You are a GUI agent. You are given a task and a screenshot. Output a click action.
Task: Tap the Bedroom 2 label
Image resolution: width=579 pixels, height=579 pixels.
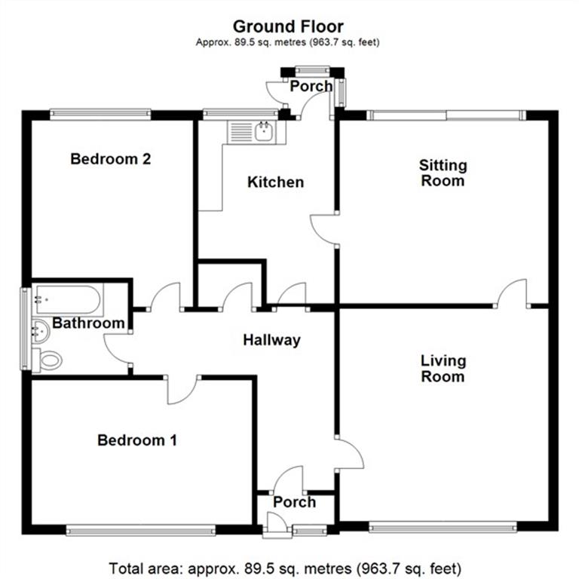(x=111, y=159)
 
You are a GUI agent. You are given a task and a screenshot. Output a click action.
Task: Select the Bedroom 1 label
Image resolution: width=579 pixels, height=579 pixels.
(x=137, y=440)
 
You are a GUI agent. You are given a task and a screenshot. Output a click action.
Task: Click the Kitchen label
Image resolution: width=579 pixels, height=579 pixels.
(x=276, y=182)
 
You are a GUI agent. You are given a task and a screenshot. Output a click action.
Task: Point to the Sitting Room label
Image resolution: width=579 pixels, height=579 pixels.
(x=443, y=173)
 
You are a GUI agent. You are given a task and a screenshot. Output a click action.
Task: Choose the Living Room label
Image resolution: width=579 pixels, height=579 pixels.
(x=443, y=369)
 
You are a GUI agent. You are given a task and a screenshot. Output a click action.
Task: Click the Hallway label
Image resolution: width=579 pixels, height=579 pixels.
(x=271, y=340)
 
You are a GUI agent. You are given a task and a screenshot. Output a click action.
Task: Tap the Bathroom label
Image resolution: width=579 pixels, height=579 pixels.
(x=88, y=323)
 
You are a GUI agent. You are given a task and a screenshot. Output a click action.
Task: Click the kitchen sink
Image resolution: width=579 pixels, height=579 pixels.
(x=265, y=133)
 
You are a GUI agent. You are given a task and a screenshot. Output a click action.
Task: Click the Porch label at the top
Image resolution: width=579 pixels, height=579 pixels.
(x=311, y=86)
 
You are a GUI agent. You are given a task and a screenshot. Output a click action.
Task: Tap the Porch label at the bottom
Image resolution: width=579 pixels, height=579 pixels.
(x=294, y=503)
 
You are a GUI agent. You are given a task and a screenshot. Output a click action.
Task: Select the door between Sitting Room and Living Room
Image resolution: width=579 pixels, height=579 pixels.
(x=513, y=294)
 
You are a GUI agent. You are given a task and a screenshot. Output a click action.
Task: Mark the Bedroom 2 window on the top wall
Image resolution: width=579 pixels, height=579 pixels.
(x=100, y=115)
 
